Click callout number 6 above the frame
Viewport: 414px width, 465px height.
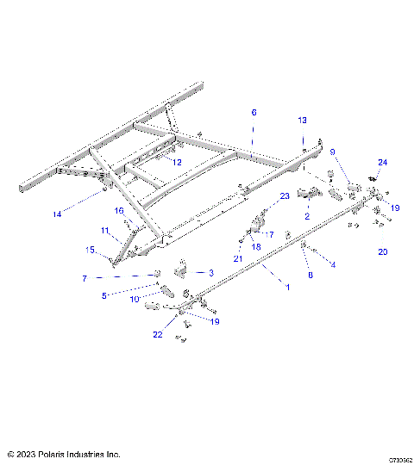[x=254, y=113]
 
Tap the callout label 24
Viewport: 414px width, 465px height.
[x=382, y=163]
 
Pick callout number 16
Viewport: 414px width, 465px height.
[x=120, y=210]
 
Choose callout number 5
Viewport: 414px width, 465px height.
[x=105, y=295]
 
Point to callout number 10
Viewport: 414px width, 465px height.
[x=135, y=299]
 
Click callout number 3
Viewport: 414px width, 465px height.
[x=210, y=272]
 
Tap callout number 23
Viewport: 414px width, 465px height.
[x=285, y=197]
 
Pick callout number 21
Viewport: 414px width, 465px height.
[x=237, y=259]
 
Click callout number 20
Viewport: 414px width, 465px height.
[x=383, y=252]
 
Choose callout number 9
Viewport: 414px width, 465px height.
[x=332, y=152]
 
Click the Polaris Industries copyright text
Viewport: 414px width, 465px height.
[x=64, y=454]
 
